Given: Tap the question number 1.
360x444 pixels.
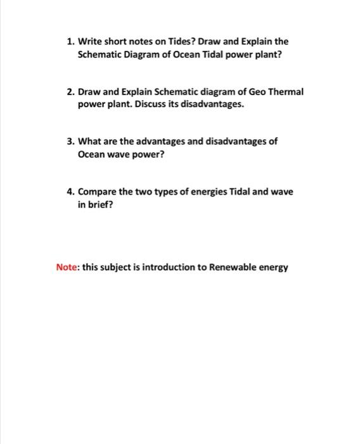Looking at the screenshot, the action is [70, 42].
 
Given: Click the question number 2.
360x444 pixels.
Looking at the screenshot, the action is [70, 92].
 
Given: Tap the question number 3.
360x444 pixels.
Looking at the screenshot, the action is [70, 141].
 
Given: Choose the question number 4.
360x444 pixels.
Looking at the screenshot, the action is [70, 192].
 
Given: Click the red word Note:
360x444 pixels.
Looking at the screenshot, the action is [67, 267].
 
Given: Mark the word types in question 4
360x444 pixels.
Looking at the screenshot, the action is [161, 192].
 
